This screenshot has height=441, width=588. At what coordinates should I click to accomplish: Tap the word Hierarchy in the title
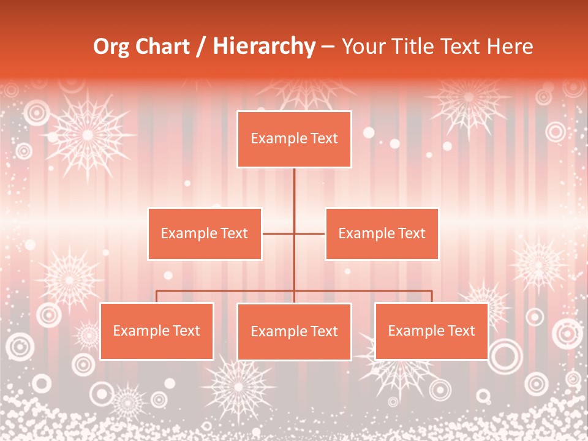tap(264, 47)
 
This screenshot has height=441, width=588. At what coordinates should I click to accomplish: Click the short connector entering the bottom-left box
tap(157, 296)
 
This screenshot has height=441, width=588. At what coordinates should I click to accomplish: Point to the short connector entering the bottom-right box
tap(432, 296)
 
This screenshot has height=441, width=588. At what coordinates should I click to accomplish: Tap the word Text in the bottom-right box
tap(461, 331)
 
